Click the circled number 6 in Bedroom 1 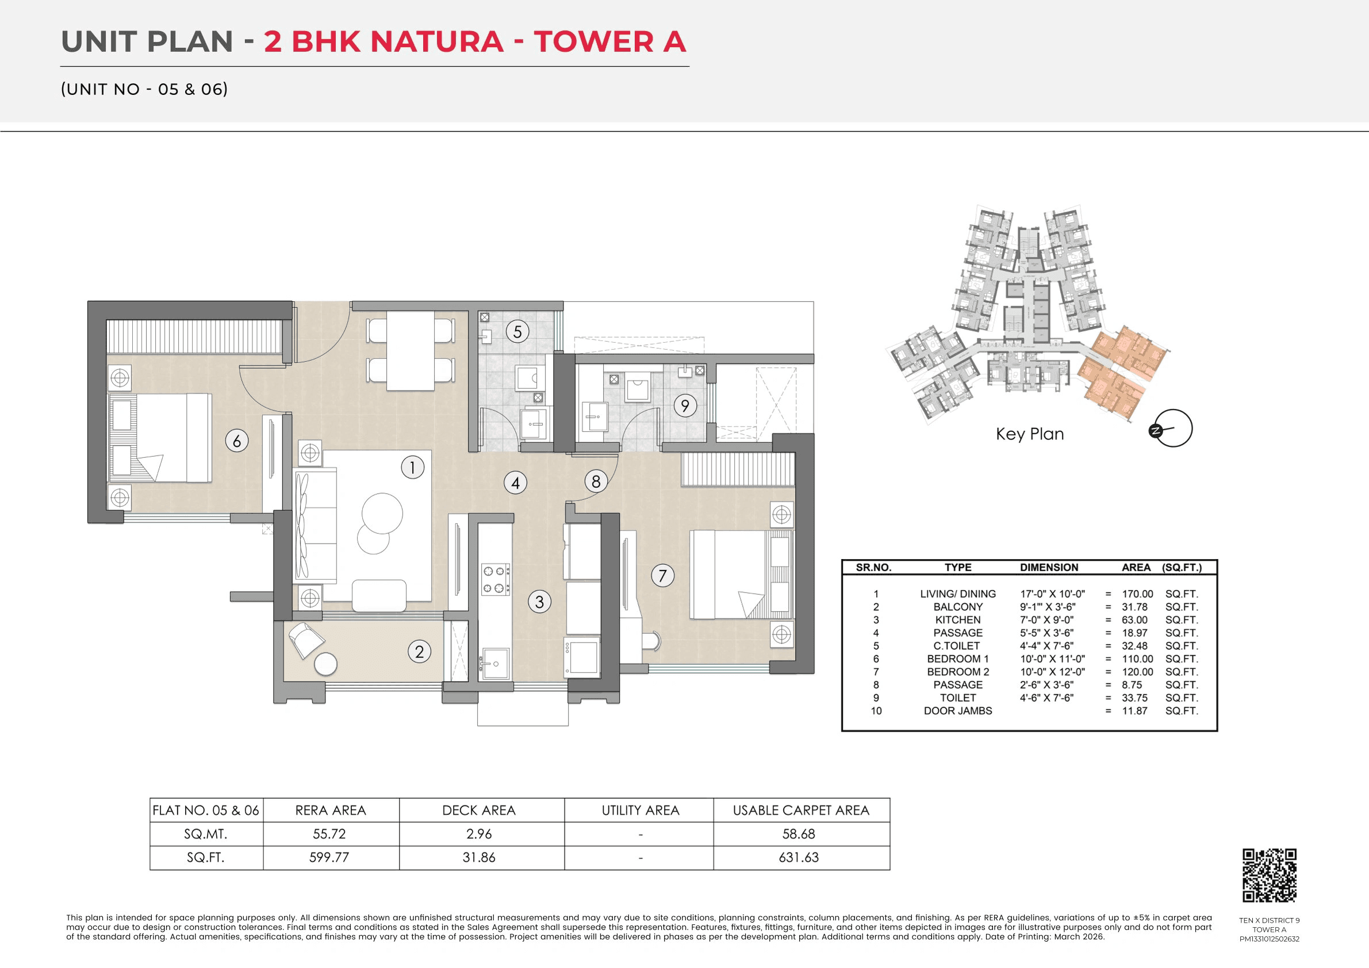click(x=237, y=441)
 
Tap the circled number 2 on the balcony click(x=419, y=651)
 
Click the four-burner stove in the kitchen click(x=496, y=579)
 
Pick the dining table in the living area click(x=410, y=351)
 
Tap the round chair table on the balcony click(x=325, y=664)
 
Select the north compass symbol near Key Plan click(x=1170, y=429)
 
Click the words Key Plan click(x=1030, y=434)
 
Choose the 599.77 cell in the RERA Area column click(x=329, y=857)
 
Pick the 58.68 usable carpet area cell click(x=799, y=834)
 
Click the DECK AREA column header click(x=479, y=810)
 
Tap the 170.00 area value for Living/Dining click(x=1137, y=594)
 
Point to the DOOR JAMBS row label click(x=957, y=710)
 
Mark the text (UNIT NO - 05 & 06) click(x=144, y=90)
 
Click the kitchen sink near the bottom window click(x=494, y=663)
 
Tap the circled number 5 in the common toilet click(x=517, y=332)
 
